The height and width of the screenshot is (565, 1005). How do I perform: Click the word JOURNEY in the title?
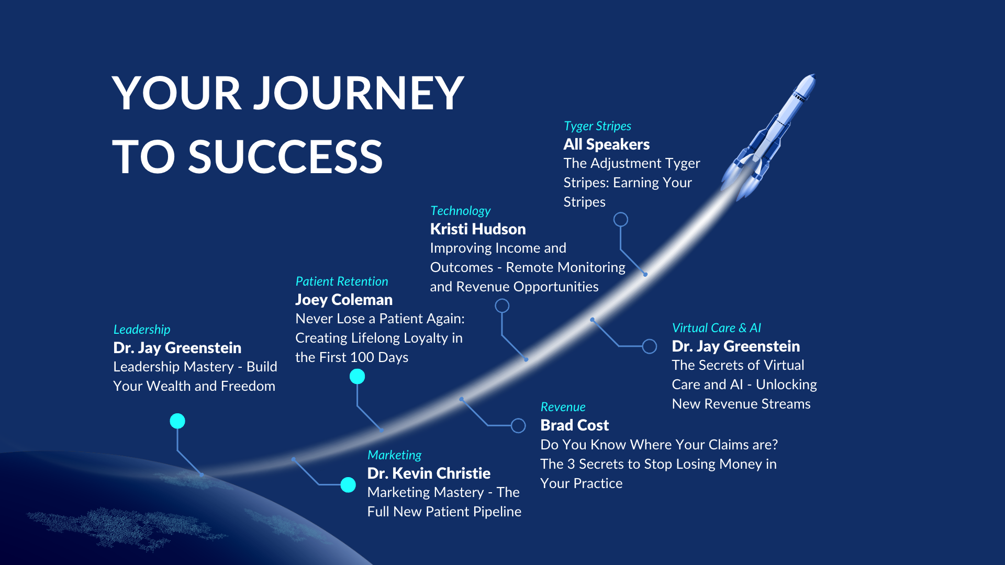click(x=359, y=93)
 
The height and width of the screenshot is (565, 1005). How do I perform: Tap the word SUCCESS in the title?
click(x=286, y=157)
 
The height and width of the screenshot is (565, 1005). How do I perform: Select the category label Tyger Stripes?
click(x=597, y=126)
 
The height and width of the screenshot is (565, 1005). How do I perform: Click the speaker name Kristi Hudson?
click(x=478, y=229)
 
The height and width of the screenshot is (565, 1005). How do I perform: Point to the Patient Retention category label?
click(x=342, y=281)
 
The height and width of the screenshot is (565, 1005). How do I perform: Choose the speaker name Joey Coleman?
click(x=344, y=300)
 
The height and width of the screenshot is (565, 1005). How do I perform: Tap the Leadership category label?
click(x=142, y=330)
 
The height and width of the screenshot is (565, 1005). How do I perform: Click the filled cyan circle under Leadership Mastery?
click(x=177, y=421)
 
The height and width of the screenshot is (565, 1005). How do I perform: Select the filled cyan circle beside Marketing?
click(x=348, y=485)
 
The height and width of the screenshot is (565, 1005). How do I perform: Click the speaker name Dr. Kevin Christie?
click(x=429, y=473)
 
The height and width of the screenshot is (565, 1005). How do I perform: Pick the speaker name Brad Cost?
click(x=575, y=425)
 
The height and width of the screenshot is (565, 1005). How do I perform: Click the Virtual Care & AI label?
click(x=717, y=328)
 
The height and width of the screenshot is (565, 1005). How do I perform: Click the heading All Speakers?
click(x=607, y=144)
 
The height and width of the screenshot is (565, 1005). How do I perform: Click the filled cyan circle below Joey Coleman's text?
click(x=357, y=376)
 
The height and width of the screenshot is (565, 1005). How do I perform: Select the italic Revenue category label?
click(x=563, y=407)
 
